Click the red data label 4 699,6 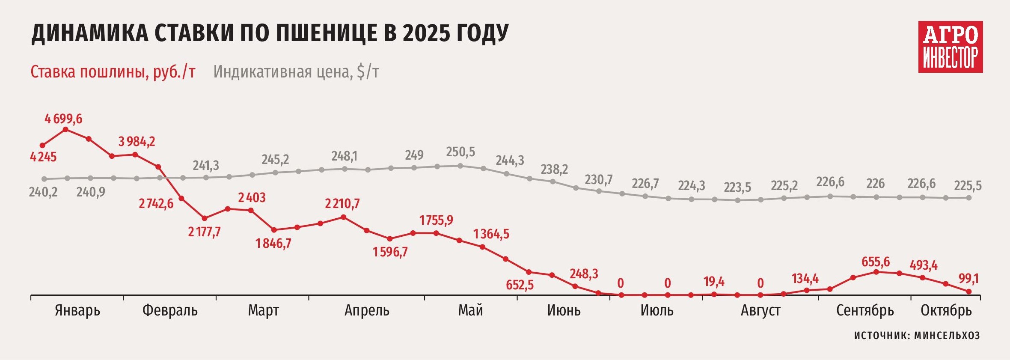coord(63,119)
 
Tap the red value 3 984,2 coord(137,141)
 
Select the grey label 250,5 coord(460,152)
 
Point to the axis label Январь coord(77,310)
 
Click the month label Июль coord(657,310)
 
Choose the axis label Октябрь coord(946,310)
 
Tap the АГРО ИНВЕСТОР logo coord(950,47)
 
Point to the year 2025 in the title coord(426,33)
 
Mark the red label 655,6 coord(876,262)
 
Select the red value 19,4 coord(714,282)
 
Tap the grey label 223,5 coord(737,187)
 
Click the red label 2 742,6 coord(156,203)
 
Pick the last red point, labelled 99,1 coord(969,292)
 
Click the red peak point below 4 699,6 coord(65,129)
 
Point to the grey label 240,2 coord(43,192)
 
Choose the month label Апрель coord(367,310)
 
